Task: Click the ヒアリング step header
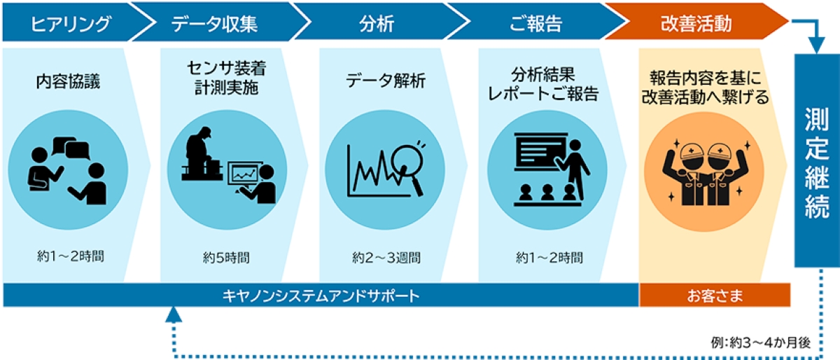71,24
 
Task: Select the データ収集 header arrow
214,24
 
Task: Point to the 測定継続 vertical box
816,161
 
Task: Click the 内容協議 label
68,81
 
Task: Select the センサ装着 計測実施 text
226,81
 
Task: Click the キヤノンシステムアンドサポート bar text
320,296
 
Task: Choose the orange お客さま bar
714,296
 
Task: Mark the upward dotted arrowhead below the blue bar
173,315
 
